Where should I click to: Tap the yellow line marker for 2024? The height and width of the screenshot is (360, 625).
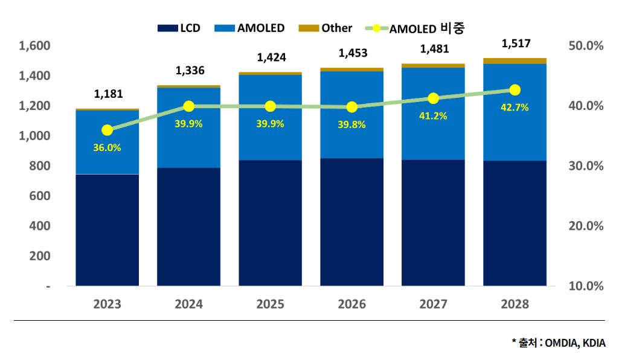pyautogui.click(x=189, y=106)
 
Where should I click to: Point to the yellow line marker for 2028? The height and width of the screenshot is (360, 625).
pyautogui.click(x=515, y=90)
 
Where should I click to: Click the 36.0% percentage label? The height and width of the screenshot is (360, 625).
pyautogui.click(x=107, y=147)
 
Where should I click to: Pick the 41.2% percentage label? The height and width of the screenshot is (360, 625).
pyautogui.click(x=433, y=116)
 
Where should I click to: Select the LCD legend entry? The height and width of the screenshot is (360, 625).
pyautogui.click(x=179, y=28)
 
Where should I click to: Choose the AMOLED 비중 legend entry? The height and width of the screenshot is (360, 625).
pyautogui.click(x=417, y=28)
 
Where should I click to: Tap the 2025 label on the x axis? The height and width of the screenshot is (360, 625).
pyautogui.click(x=271, y=304)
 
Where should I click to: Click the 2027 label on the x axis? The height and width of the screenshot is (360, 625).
pyautogui.click(x=433, y=304)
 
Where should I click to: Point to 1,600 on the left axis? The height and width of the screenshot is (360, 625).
pyautogui.click(x=34, y=46)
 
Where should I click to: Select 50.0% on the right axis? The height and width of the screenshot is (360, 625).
pyautogui.click(x=586, y=46)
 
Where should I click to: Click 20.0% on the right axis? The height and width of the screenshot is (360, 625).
pyautogui.click(x=586, y=226)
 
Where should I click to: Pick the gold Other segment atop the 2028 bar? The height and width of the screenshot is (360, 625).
pyautogui.click(x=515, y=60)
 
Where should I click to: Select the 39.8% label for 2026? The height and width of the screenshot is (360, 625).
pyautogui.click(x=352, y=125)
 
